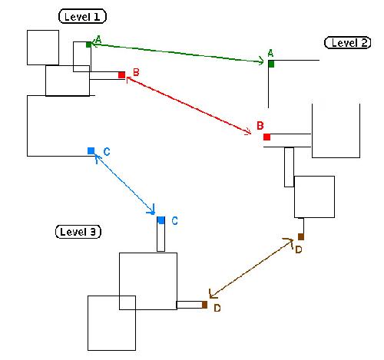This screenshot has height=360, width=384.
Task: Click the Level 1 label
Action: tap(82, 17)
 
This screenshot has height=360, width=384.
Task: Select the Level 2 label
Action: tap(347, 42)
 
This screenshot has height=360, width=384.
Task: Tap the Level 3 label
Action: tap(78, 232)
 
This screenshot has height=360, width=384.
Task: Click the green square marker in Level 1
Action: tap(88, 45)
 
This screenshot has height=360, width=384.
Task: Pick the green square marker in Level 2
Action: tap(271, 64)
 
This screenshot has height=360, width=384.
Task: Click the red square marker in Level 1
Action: tap(121, 75)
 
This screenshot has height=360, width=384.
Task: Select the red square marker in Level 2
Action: tap(266, 137)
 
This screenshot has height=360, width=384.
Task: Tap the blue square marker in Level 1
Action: tap(91, 151)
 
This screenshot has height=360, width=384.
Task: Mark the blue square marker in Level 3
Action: tap(161, 220)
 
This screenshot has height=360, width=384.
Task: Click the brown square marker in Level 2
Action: tap(301, 236)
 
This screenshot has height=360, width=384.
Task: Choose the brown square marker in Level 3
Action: tap(204, 305)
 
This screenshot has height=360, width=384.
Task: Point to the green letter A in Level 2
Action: tap(270, 54)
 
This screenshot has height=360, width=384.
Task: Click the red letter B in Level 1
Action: tap(136, 72)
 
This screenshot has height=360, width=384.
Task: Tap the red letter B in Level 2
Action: tap(260, 126)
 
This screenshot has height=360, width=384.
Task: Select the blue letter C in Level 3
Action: tap(175, 220)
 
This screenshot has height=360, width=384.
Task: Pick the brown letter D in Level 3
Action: tap(217, 308)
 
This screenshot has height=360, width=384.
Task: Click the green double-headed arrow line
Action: tap(177, 53)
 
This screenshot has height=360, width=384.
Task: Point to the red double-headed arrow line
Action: tap(189, 105)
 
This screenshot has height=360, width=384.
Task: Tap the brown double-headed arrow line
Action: tap(251, 269)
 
